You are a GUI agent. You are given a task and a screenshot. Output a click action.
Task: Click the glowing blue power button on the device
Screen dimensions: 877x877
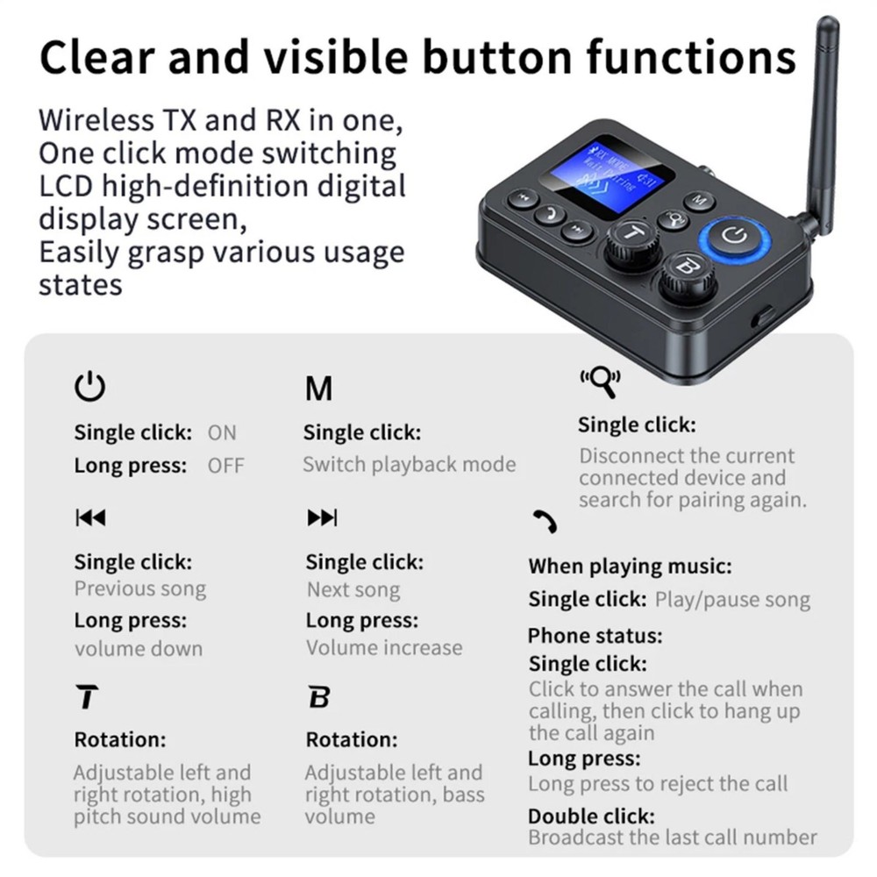[734, 235]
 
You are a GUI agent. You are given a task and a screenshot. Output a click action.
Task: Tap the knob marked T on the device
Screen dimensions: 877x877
[631, 239]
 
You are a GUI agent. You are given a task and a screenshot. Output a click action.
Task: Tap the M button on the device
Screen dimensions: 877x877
[699, 201]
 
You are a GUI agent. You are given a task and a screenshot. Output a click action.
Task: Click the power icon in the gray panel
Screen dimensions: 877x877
[89, 387]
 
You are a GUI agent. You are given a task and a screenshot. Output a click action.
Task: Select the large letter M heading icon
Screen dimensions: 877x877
[318, 389]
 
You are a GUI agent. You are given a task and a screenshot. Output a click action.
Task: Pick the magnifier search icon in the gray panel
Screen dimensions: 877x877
[600, 381]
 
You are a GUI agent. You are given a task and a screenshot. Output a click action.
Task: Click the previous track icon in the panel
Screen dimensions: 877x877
[89, 517]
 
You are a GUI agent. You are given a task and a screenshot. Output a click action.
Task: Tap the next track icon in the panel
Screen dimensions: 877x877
[322, 517]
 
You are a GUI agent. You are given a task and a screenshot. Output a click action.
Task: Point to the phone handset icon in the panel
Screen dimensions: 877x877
[545, 522]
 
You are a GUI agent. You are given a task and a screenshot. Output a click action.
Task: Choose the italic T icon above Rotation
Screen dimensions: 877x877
[87, 698]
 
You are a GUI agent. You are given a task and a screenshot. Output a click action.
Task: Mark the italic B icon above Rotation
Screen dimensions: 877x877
[319, 698]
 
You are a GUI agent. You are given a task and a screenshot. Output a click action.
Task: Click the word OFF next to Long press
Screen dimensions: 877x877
[226, 466]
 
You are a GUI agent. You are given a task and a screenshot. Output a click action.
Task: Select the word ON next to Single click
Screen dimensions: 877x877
[222, 432]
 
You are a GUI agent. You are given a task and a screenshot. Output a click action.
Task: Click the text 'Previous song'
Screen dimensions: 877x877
[140, 589]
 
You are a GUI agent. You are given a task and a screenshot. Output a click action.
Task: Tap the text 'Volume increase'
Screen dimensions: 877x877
[384, 648]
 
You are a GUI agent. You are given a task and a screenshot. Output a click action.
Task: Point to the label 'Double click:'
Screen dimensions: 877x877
[591, 816]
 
